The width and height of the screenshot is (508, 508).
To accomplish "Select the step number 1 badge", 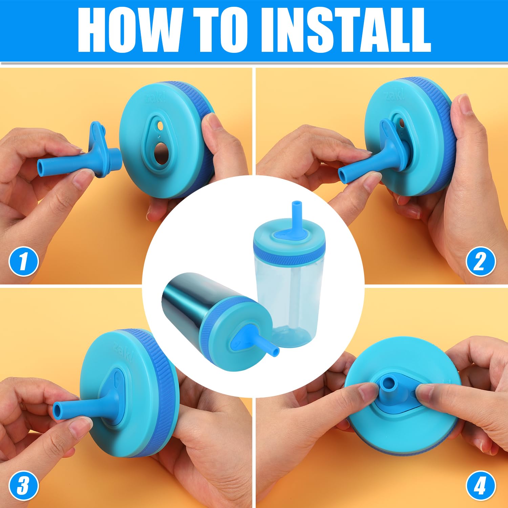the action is (x=23, y=261).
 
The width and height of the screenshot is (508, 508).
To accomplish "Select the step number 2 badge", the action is (x=481, y=261).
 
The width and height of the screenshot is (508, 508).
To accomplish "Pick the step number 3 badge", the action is (x=23, y=486).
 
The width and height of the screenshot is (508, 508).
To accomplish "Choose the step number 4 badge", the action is (x=481, y=486).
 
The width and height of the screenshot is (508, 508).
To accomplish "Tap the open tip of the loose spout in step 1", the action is (x=41, y=166).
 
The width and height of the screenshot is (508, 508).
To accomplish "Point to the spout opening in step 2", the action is (x=342, y=176).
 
